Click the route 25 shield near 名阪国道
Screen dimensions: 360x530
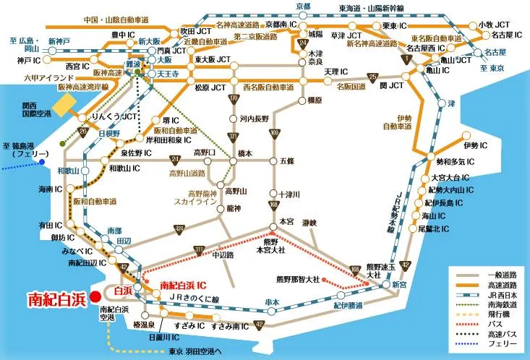[373, 77]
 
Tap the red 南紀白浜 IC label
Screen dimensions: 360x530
[184, 286]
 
